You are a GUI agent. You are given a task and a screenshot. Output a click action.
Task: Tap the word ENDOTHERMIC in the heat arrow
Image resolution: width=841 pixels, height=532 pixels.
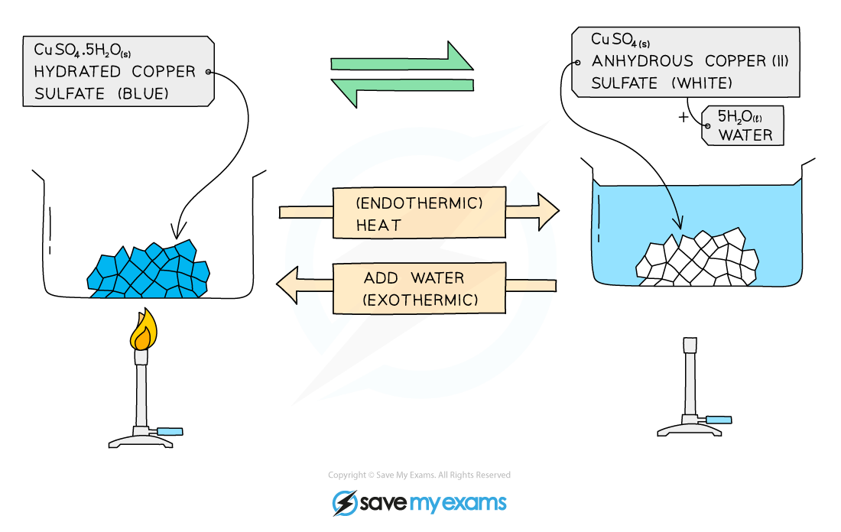pos(420,204)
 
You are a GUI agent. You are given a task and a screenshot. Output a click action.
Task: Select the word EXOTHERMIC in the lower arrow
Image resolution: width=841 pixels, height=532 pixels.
pos(420,300)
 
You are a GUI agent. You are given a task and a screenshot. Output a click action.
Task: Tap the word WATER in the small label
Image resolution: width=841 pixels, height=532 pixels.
pos(745,136)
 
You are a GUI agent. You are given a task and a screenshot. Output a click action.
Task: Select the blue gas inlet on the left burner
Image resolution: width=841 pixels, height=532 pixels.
pos(170,432)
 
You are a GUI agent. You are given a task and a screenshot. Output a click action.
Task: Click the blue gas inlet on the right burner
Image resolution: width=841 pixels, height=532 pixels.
pos(719,420)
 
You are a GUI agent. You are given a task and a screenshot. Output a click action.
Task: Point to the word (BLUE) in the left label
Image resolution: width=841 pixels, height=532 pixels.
pos(142,94)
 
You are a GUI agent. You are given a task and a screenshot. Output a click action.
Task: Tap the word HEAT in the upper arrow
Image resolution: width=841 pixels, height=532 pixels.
pos(378,225)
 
